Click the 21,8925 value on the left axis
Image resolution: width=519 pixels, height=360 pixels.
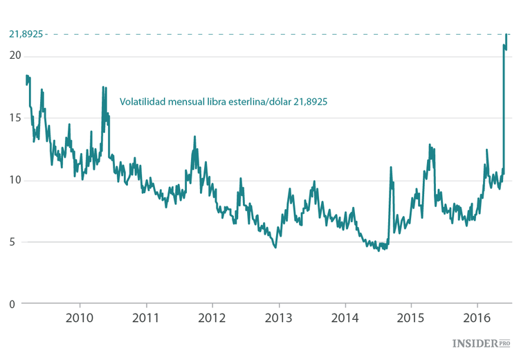coord(26,33)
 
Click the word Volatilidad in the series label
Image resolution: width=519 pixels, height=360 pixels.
coord(143,101)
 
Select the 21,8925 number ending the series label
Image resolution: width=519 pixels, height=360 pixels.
coord(310,101)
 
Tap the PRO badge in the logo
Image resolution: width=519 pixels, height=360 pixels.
coord(504,343)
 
